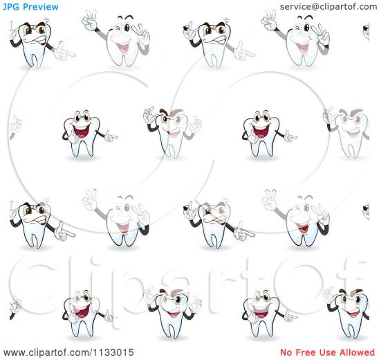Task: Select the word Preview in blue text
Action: click(x=41, y=7)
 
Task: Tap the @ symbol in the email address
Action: click(x=316, y=7)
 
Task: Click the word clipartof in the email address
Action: click(x=340, y=7)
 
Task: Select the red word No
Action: click(x=286, y=352)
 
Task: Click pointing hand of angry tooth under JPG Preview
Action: click(x=64, y=52)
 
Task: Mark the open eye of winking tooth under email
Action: click(x=306, y=28)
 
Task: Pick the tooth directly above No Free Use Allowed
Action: click(x=348, y=314)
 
